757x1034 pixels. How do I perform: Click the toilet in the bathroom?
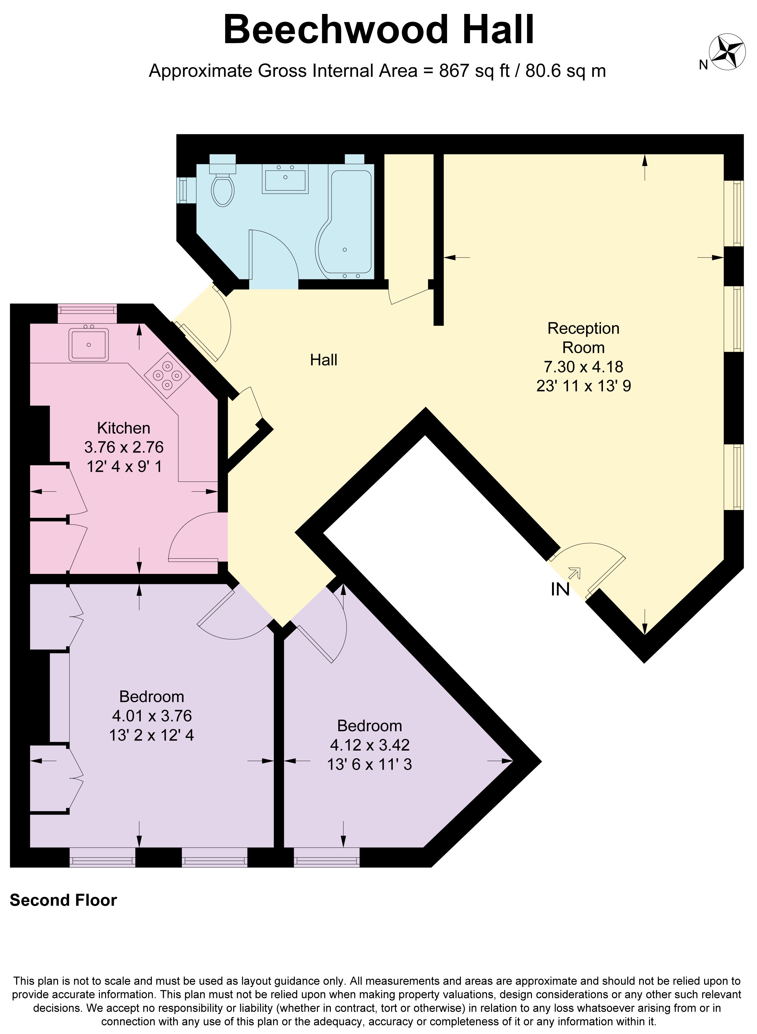[223, 189]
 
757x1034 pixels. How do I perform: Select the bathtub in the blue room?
[350, 224]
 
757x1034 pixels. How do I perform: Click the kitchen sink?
[89, 344]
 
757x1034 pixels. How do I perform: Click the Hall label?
[323, 360]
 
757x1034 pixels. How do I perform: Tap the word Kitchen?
[124, 428]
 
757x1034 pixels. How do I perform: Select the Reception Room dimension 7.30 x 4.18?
[583, 366]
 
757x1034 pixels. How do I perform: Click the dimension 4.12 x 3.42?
[369, 745]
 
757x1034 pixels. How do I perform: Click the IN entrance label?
[560, 589]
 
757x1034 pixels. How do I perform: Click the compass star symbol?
[727, 52]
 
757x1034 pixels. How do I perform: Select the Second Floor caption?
[63, 900]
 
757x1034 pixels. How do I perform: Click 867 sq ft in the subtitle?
[474, 71]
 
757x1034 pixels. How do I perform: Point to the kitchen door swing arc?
[183, 531]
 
